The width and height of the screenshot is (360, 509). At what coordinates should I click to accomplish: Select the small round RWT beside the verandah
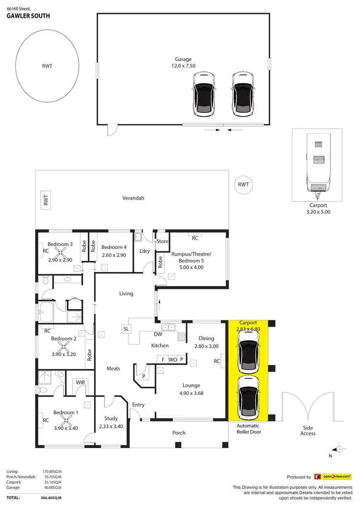243,185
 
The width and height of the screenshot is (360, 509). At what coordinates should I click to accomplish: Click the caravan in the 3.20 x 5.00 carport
318,167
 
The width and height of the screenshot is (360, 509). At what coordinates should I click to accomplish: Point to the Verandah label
133,198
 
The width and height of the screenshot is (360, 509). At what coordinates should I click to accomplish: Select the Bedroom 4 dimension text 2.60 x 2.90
113,255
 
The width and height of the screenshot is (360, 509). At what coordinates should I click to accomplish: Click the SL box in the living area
126,329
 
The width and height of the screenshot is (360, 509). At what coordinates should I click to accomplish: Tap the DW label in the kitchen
157,334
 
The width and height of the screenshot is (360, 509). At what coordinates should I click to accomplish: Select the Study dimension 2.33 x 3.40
111,426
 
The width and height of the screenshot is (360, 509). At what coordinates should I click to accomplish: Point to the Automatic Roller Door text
248,428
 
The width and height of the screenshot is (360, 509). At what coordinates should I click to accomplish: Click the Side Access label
308,430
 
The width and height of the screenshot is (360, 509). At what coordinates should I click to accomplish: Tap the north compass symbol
339,450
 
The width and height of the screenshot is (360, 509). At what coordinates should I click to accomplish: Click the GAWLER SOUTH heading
28,15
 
